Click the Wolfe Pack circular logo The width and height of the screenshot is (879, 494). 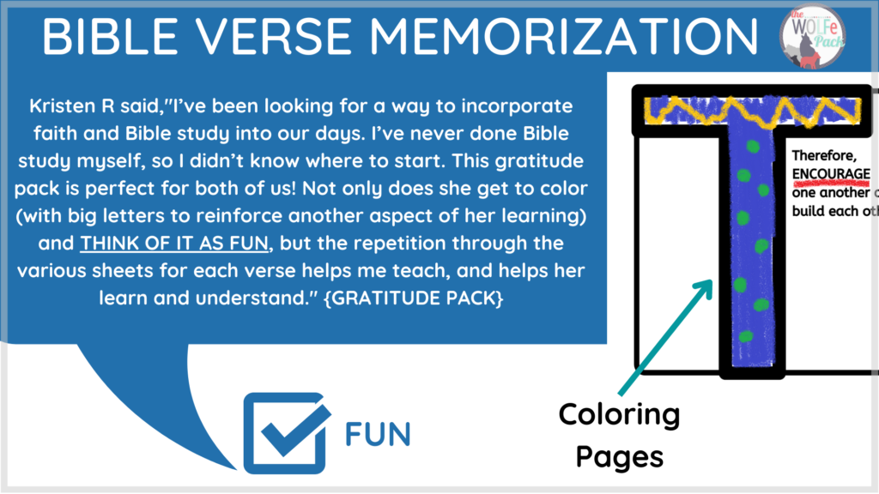coord(812,36)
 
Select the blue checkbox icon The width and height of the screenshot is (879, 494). coord(287,433)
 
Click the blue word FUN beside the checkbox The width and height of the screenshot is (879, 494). coord(378,434)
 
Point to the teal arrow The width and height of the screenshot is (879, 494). coord(666,337)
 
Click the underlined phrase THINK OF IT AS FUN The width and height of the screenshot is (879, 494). coord(174,244)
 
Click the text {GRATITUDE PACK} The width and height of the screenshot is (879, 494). coord(414,298)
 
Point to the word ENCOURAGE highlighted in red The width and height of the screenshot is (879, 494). coord(831,174)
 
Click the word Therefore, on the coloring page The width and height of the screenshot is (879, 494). coord(824,156)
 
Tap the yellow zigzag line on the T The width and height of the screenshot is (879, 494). coord(752,111)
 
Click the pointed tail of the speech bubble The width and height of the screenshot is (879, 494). coord(234,467)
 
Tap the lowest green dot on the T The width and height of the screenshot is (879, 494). coord(746,336)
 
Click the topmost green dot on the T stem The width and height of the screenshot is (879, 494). coord(753,147)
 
